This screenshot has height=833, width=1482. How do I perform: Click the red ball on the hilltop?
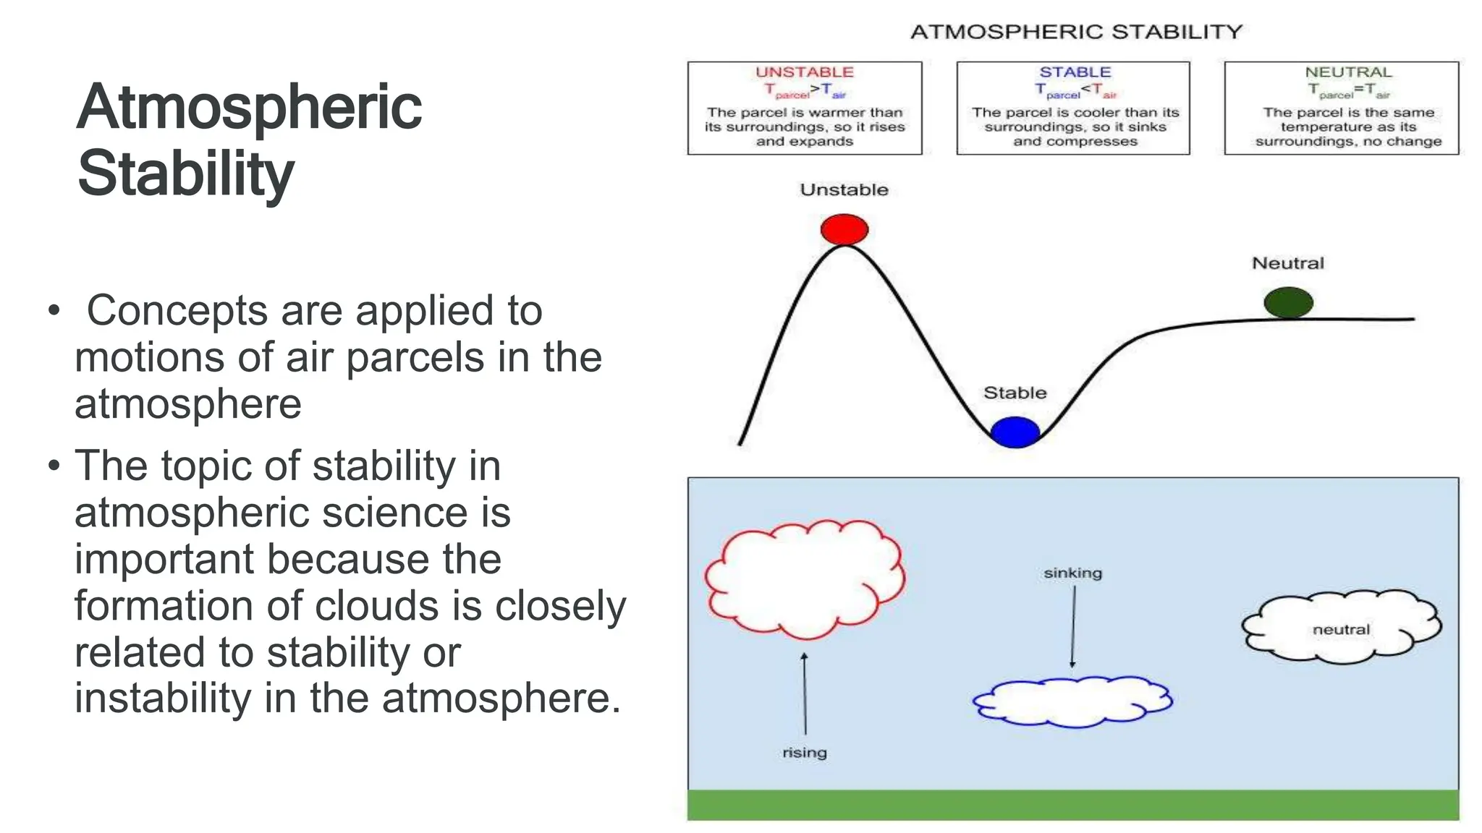[844, 229]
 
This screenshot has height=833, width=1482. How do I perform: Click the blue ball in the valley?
[1015, 432]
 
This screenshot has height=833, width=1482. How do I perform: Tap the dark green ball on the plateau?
[1288, 302]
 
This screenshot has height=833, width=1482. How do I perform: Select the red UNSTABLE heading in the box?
[804, 72]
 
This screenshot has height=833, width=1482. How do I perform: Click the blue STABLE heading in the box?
[1075, 72]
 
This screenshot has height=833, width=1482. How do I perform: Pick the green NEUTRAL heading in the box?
[1347, 72]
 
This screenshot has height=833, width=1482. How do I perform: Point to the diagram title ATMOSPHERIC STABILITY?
[1075, 32]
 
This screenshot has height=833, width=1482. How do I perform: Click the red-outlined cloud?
[804, 578]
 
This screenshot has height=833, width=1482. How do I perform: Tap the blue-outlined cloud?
[1072, 701]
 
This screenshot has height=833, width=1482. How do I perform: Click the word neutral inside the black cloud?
[1341, 630]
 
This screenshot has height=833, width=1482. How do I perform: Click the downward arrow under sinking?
[1073, 626]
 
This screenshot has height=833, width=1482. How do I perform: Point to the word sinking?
[1072, 573]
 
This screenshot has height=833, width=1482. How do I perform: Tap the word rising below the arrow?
[804, 753]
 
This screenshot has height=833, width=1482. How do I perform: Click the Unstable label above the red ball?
[844, 190]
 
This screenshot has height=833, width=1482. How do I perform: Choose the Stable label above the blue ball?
[1015, 393]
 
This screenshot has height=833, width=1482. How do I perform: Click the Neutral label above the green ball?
[1287, 263]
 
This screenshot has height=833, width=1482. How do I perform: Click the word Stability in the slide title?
[185, 174]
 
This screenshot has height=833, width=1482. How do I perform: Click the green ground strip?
[1072, 805]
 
